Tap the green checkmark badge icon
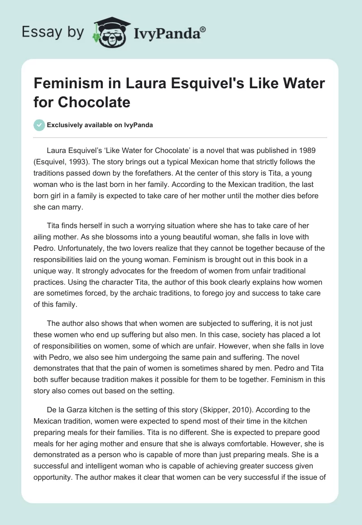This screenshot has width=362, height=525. (39, 125)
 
